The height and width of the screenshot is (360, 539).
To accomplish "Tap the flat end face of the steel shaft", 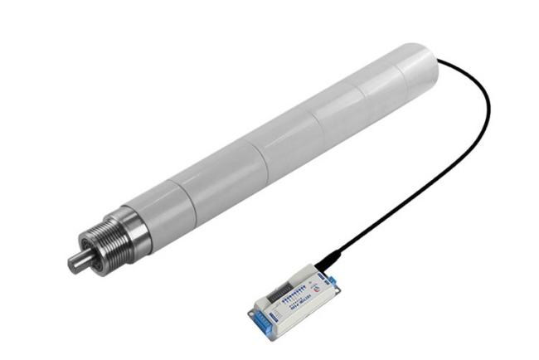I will (x=72, y=264).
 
